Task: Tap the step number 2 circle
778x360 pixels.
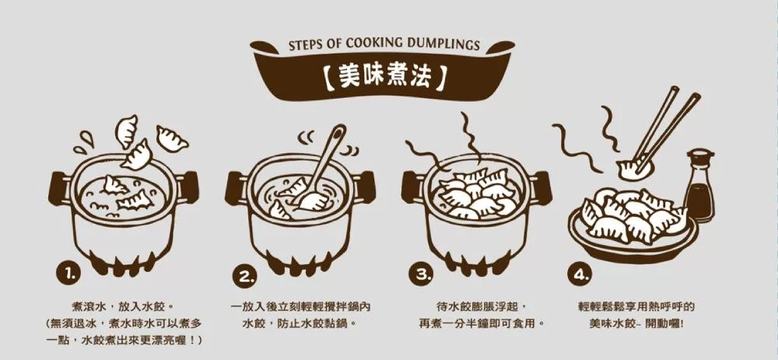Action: click(245, 277)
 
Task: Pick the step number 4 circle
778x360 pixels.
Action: click(579, 276)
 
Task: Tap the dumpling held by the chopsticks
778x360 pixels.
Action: click(633, 169)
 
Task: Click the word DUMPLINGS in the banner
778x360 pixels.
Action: click(443, 45)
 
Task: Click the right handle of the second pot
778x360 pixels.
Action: click(364, 187)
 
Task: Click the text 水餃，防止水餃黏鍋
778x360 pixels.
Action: click(300, 323)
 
